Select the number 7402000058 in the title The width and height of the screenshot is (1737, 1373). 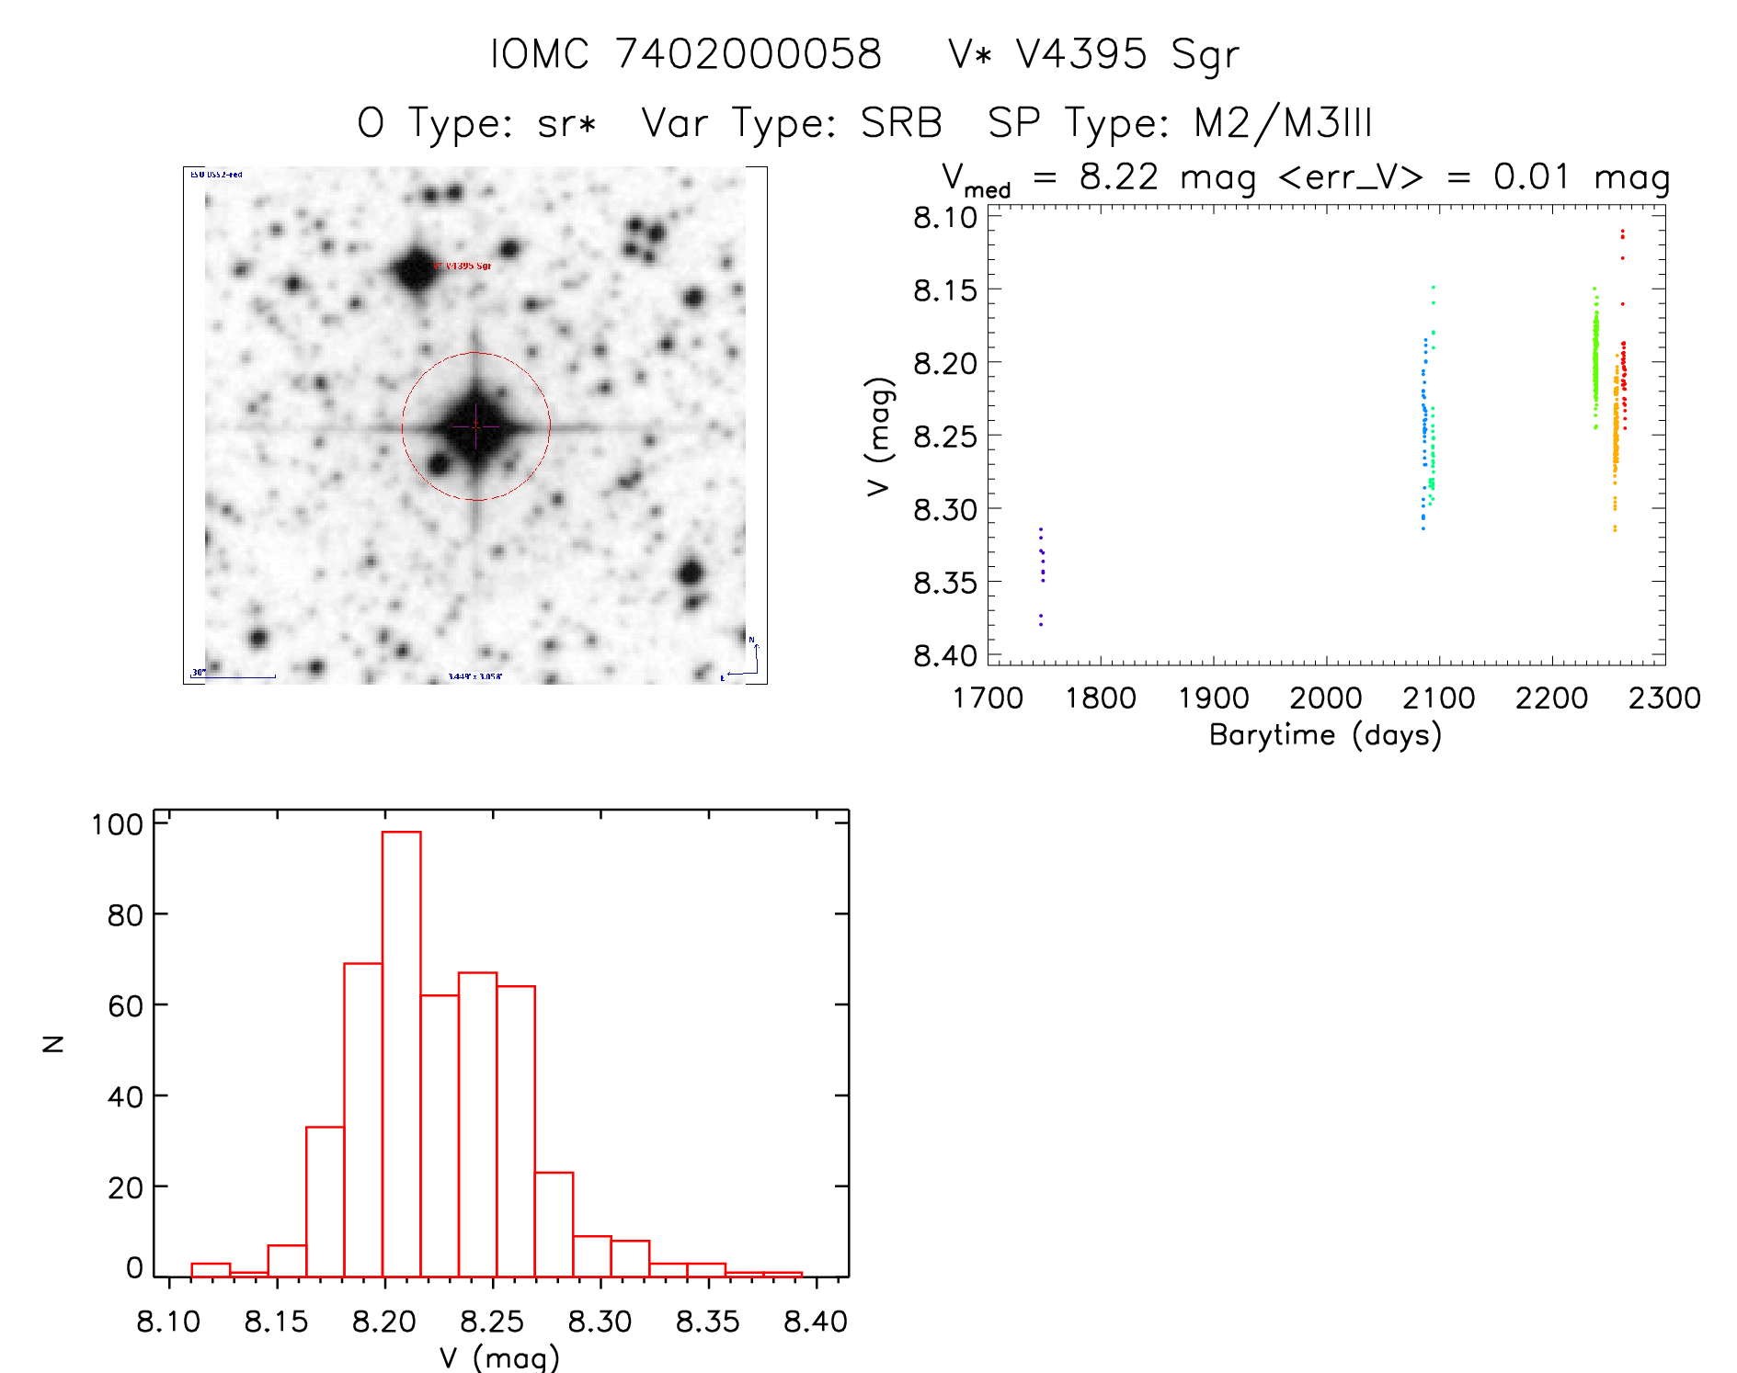(x=748, y=54)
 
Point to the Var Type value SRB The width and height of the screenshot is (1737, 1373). (x=901, y=123)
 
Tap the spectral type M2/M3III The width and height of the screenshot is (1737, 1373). (x=1282, y=123)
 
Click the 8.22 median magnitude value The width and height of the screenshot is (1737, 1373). (x=1118, y=176)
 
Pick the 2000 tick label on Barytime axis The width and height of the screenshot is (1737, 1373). (x=1325, y=698)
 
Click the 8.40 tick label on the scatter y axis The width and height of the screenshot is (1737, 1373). (x=944, y=655)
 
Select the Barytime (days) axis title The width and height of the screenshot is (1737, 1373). (x=1325, y=735)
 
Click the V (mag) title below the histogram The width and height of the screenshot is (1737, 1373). (x=499, y=1357)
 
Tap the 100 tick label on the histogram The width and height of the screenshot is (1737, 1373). (x=117, y=824)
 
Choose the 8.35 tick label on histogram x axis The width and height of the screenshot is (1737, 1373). (x=707, y=1322)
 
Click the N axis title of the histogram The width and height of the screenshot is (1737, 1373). (x=53, y=1043)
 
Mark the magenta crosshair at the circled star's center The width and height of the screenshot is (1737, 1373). (x=475, y=426)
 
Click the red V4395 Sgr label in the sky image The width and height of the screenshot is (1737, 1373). (x=463, y=266)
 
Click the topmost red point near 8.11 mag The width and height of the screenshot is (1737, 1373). (x=1622, y=232)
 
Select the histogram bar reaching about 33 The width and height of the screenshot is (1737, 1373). (x=325, y=1201)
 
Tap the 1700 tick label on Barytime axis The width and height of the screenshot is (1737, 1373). (x=988, y=698)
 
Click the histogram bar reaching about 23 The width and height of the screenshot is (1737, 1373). (x=554, y=1224)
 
